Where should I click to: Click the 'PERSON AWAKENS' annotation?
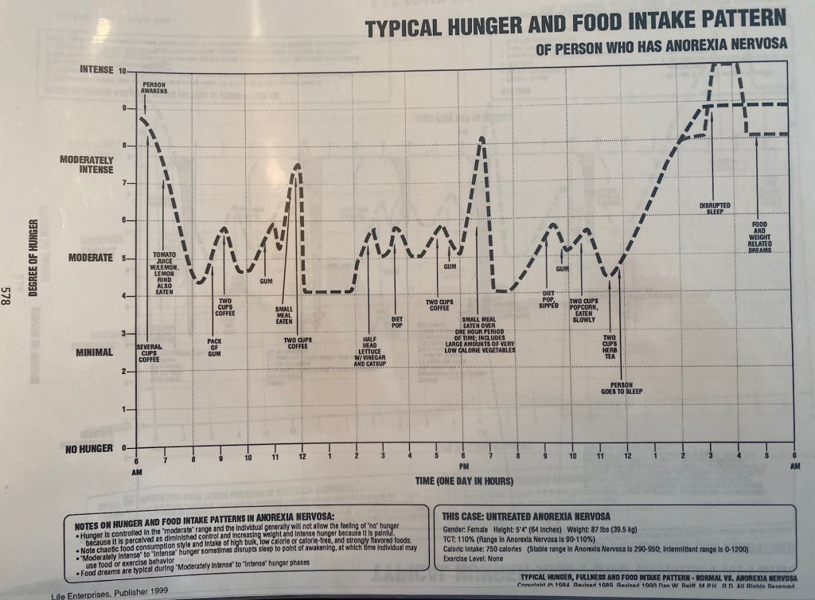click(154, 88)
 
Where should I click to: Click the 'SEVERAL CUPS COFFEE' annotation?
click(149, 353)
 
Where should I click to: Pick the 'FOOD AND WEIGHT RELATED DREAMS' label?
click(759, 237)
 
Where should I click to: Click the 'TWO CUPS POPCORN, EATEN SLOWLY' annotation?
click(583, 309)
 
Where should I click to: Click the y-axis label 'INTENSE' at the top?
click(98, 70)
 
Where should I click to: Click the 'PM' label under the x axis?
click(464, 464)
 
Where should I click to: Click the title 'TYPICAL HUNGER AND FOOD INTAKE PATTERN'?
click(575, 24)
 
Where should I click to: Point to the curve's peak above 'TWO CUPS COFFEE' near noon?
click(298, 165)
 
